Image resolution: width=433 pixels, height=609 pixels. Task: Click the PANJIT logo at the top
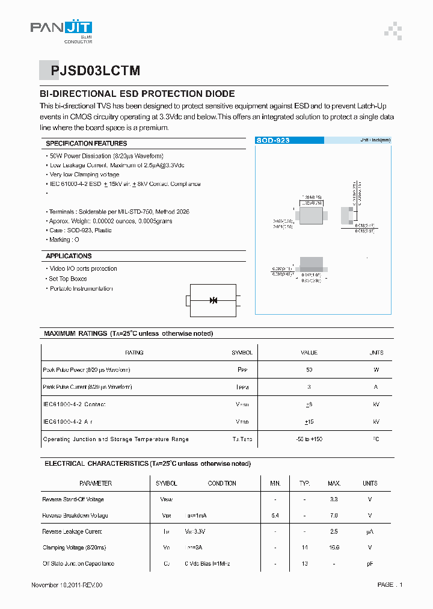click(x=61, y=28)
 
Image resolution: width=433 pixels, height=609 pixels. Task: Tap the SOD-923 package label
click(x=274, y=140)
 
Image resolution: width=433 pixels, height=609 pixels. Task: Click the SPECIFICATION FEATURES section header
click(x=87, y=143)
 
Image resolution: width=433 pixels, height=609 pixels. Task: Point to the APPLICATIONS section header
click(x=69, y=256)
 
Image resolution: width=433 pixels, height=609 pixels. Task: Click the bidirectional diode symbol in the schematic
click(x=213, y=300)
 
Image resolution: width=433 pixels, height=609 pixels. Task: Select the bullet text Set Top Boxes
click(x=68, y=279)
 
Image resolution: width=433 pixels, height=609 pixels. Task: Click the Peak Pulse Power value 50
click(x=309, y=369)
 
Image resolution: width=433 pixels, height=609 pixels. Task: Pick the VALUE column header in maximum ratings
click(x=309, y=353)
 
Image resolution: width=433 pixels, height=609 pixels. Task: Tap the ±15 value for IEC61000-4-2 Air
click(x=309, y=422)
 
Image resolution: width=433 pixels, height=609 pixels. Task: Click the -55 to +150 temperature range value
click(x=309, y=439)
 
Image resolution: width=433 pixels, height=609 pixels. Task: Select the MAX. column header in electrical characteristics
click(x=334, y=483)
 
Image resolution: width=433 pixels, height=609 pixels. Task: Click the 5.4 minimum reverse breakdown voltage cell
click(x=275, y=516)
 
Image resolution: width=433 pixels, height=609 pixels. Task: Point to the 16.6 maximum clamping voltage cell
click(x=334, y=548)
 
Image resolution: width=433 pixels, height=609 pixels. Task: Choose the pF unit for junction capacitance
click(x=370, y=564)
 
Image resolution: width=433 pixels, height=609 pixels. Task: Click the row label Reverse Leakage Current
click(x=72, y=531)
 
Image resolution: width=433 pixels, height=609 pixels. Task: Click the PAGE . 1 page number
click(x=390, y=585)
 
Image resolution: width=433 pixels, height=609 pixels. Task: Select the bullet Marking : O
click(x=64, y=240)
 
